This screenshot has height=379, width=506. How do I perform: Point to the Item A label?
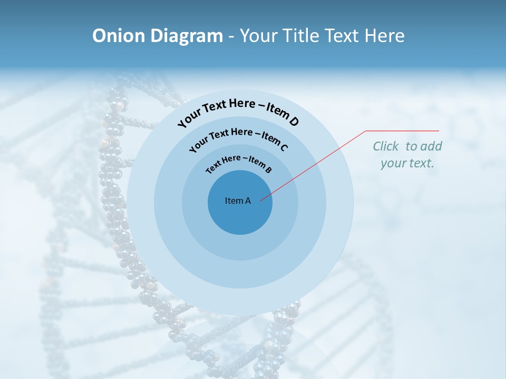[x=238, y=201]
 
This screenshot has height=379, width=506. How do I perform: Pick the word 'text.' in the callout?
[x=422, y=163]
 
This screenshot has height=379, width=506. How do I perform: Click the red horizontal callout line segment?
[x=402, y=131]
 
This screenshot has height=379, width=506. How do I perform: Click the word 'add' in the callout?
[x=432, y=146]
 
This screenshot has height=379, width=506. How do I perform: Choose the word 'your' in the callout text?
[x=393, y=164]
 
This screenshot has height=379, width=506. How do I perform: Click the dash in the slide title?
[x=231, y=36]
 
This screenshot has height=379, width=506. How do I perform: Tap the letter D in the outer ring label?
[x=294, y=122]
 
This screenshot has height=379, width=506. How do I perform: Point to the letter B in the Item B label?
[x=268, y=169]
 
